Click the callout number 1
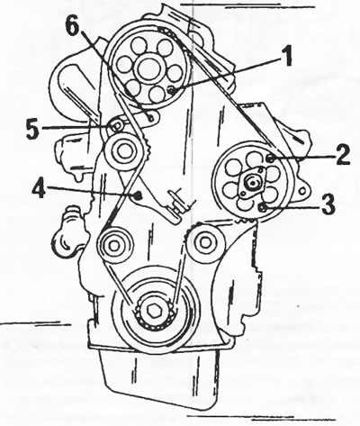click(x=287, y=57)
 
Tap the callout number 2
click(x=342, y=155)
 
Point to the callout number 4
click(x=40, y=188)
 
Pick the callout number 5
click(x=32, y=130)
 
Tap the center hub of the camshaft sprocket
click(x=148, y=68)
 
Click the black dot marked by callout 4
click(x=138, y=196)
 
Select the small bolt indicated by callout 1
click(x=171, y=90)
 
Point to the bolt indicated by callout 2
click(x=270, y=158)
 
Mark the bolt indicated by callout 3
click(x=262, y=207)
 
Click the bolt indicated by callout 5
click(x=115, y=126)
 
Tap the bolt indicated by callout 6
click(x=151, y=117)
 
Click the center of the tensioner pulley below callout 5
click(x=123, y=151)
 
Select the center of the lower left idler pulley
click(x=113, y=246)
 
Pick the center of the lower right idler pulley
click(x=205, y=242)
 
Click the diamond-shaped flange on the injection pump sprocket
click(x=252, y=182)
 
